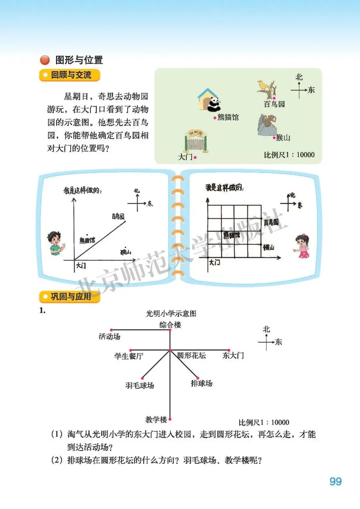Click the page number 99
click(x=335, y=481)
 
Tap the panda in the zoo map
click(x=213, y=104)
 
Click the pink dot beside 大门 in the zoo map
click(x=195, y=157)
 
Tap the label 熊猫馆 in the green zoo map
click(x=228, y=117)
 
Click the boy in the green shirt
click(x=55, y=243)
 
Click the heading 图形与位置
click(x=79, y=60)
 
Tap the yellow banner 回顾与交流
click(x=70, y=75)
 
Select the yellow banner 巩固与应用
click(x=70, y=296)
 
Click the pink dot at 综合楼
click(x=170, y=330)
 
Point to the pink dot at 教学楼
click(x=170, y=419)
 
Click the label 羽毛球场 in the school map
click(x=140, y=386)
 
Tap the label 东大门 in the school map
click(x=233, y=356)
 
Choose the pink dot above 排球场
click(x=198, y=378)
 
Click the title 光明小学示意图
click(x=171, y=314)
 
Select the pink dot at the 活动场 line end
click(x=112, y=330)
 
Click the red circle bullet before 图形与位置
click(x=45, y=60)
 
